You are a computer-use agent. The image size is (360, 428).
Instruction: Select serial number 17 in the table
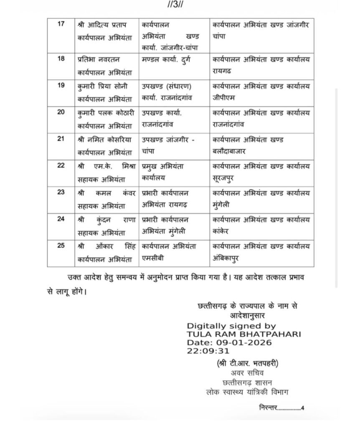pyautogui.click(x=61, y=24)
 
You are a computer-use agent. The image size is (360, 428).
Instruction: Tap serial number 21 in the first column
pyautogui.click(x=61, y=139)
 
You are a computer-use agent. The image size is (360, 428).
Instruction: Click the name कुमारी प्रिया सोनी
pyautogui.click(x=104, y=87)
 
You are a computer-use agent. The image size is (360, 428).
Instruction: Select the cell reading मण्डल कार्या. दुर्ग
pyautogui.click(x=169, y=60)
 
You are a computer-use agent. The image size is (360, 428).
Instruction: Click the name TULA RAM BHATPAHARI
pyautogui.click(x=244, y=334)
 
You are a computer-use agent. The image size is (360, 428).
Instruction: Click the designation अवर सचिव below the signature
pyautogui.click(x=244, y=372)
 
